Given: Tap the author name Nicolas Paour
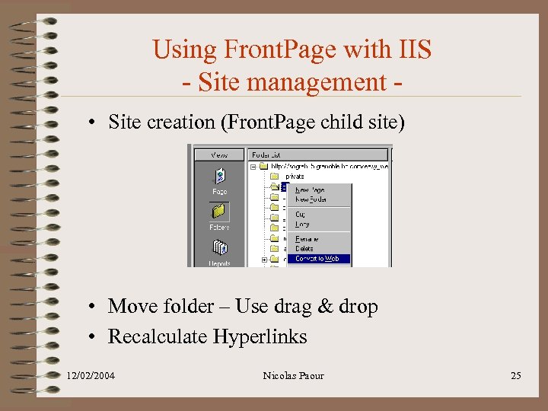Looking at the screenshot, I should pos(293,375).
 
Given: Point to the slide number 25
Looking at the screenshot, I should pos(515,375).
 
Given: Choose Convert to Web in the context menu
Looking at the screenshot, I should pos(317,259).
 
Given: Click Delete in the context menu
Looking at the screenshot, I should pos(304,249).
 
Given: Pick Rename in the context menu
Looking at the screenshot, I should pos(307,239).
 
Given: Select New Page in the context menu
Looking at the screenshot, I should pos(310,190).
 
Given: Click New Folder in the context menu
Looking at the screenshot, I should pos(311,199).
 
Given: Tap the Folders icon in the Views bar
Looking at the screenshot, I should pos(219,213).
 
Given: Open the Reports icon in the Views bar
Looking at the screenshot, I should pos(219,250).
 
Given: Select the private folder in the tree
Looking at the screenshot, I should pos(294,176).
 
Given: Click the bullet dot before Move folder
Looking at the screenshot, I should pos(91,307).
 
